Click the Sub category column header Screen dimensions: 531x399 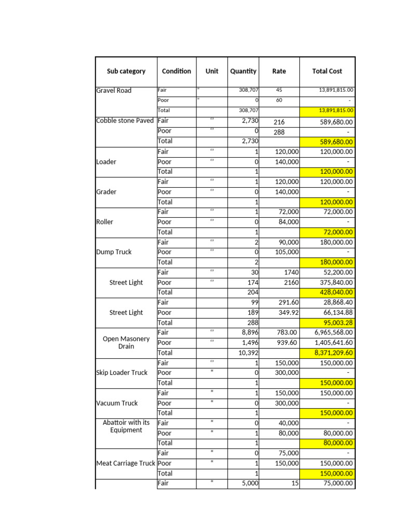126,71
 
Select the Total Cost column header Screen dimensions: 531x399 327,71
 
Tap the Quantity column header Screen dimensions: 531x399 243,71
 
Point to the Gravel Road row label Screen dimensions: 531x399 114,90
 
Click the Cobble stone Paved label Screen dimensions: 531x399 125,121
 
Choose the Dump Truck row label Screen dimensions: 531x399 114,252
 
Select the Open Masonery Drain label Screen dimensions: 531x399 126,342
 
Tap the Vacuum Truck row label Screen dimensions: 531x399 117,403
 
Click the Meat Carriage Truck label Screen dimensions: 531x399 126,463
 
